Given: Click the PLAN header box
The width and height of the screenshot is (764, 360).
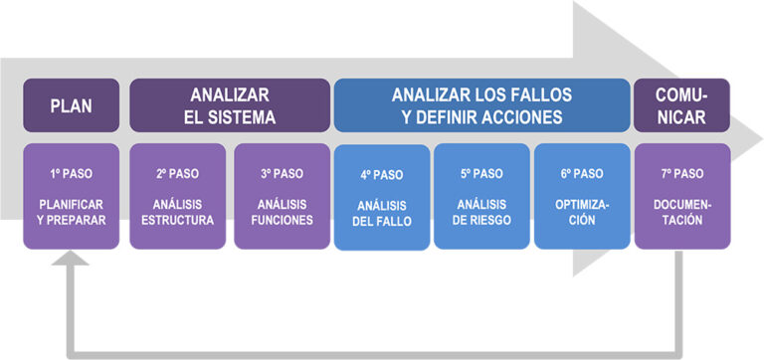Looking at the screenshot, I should tap(71, 105).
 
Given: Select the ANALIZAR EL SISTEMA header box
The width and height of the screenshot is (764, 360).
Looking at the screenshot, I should tap(230, 105).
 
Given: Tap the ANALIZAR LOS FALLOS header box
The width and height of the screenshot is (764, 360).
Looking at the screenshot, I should tap(482, 105).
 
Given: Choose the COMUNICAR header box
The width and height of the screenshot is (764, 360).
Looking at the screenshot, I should tap(681, 105).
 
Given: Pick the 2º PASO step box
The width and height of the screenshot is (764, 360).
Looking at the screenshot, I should tap(177, 196).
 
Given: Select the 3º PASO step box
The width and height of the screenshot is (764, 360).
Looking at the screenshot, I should tap(282, 196).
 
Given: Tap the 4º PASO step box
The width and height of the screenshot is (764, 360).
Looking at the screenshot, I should tap(381, 197).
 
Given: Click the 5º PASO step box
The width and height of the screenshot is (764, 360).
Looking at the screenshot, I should tap(481, 196).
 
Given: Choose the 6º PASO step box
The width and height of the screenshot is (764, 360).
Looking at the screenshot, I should tap(582, 196).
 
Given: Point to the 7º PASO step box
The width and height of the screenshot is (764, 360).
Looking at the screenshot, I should tap(681, 196).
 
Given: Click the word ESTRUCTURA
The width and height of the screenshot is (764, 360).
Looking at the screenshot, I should tap(177, 220).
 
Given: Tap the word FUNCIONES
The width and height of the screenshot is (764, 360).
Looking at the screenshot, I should tap(282, 220).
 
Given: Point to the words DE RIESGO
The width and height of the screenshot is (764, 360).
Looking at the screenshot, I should tap(482, 220).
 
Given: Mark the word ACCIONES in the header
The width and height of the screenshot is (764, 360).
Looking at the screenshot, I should tap(528, 116).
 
